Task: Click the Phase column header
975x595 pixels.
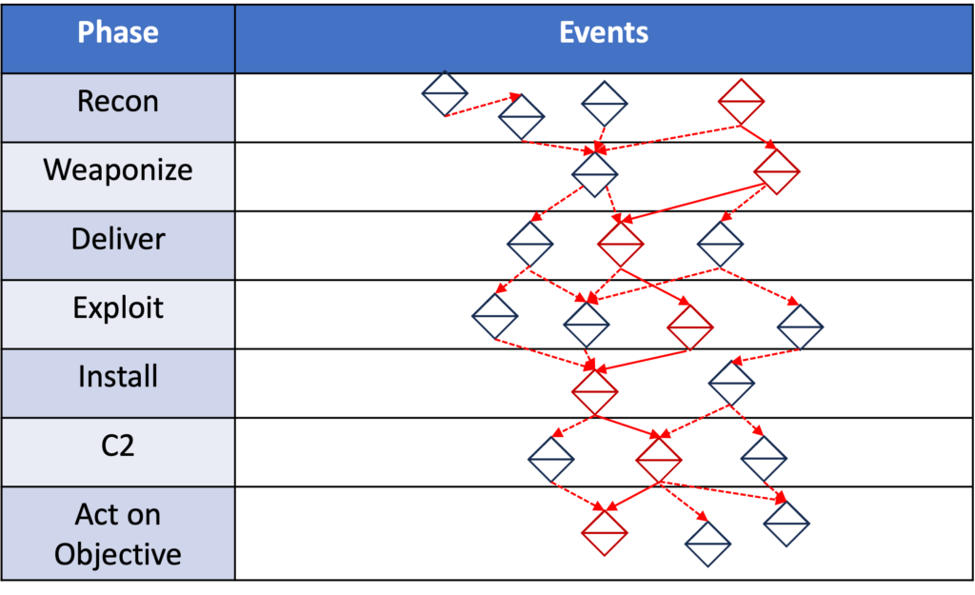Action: [118, 33]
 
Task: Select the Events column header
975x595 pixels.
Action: [604, 33]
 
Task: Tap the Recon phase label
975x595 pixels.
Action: [118, 102]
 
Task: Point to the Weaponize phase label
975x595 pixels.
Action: [118, 170]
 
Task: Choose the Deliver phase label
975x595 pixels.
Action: [118, 239]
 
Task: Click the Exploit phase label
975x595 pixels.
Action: [118, 308]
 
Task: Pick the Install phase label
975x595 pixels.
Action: [118, 377]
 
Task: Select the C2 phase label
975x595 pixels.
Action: [118, 446]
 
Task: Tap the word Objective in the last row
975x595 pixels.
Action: [118, 554]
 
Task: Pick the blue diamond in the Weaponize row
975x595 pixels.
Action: [595, 174]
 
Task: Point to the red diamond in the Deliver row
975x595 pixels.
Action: [621, 243]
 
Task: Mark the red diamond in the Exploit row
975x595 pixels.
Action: [690, 327]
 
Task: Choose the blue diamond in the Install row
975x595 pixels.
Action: [731, 384]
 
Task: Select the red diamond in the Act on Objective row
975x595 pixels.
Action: [606, 531]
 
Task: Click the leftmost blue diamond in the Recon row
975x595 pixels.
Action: [446, 94]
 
